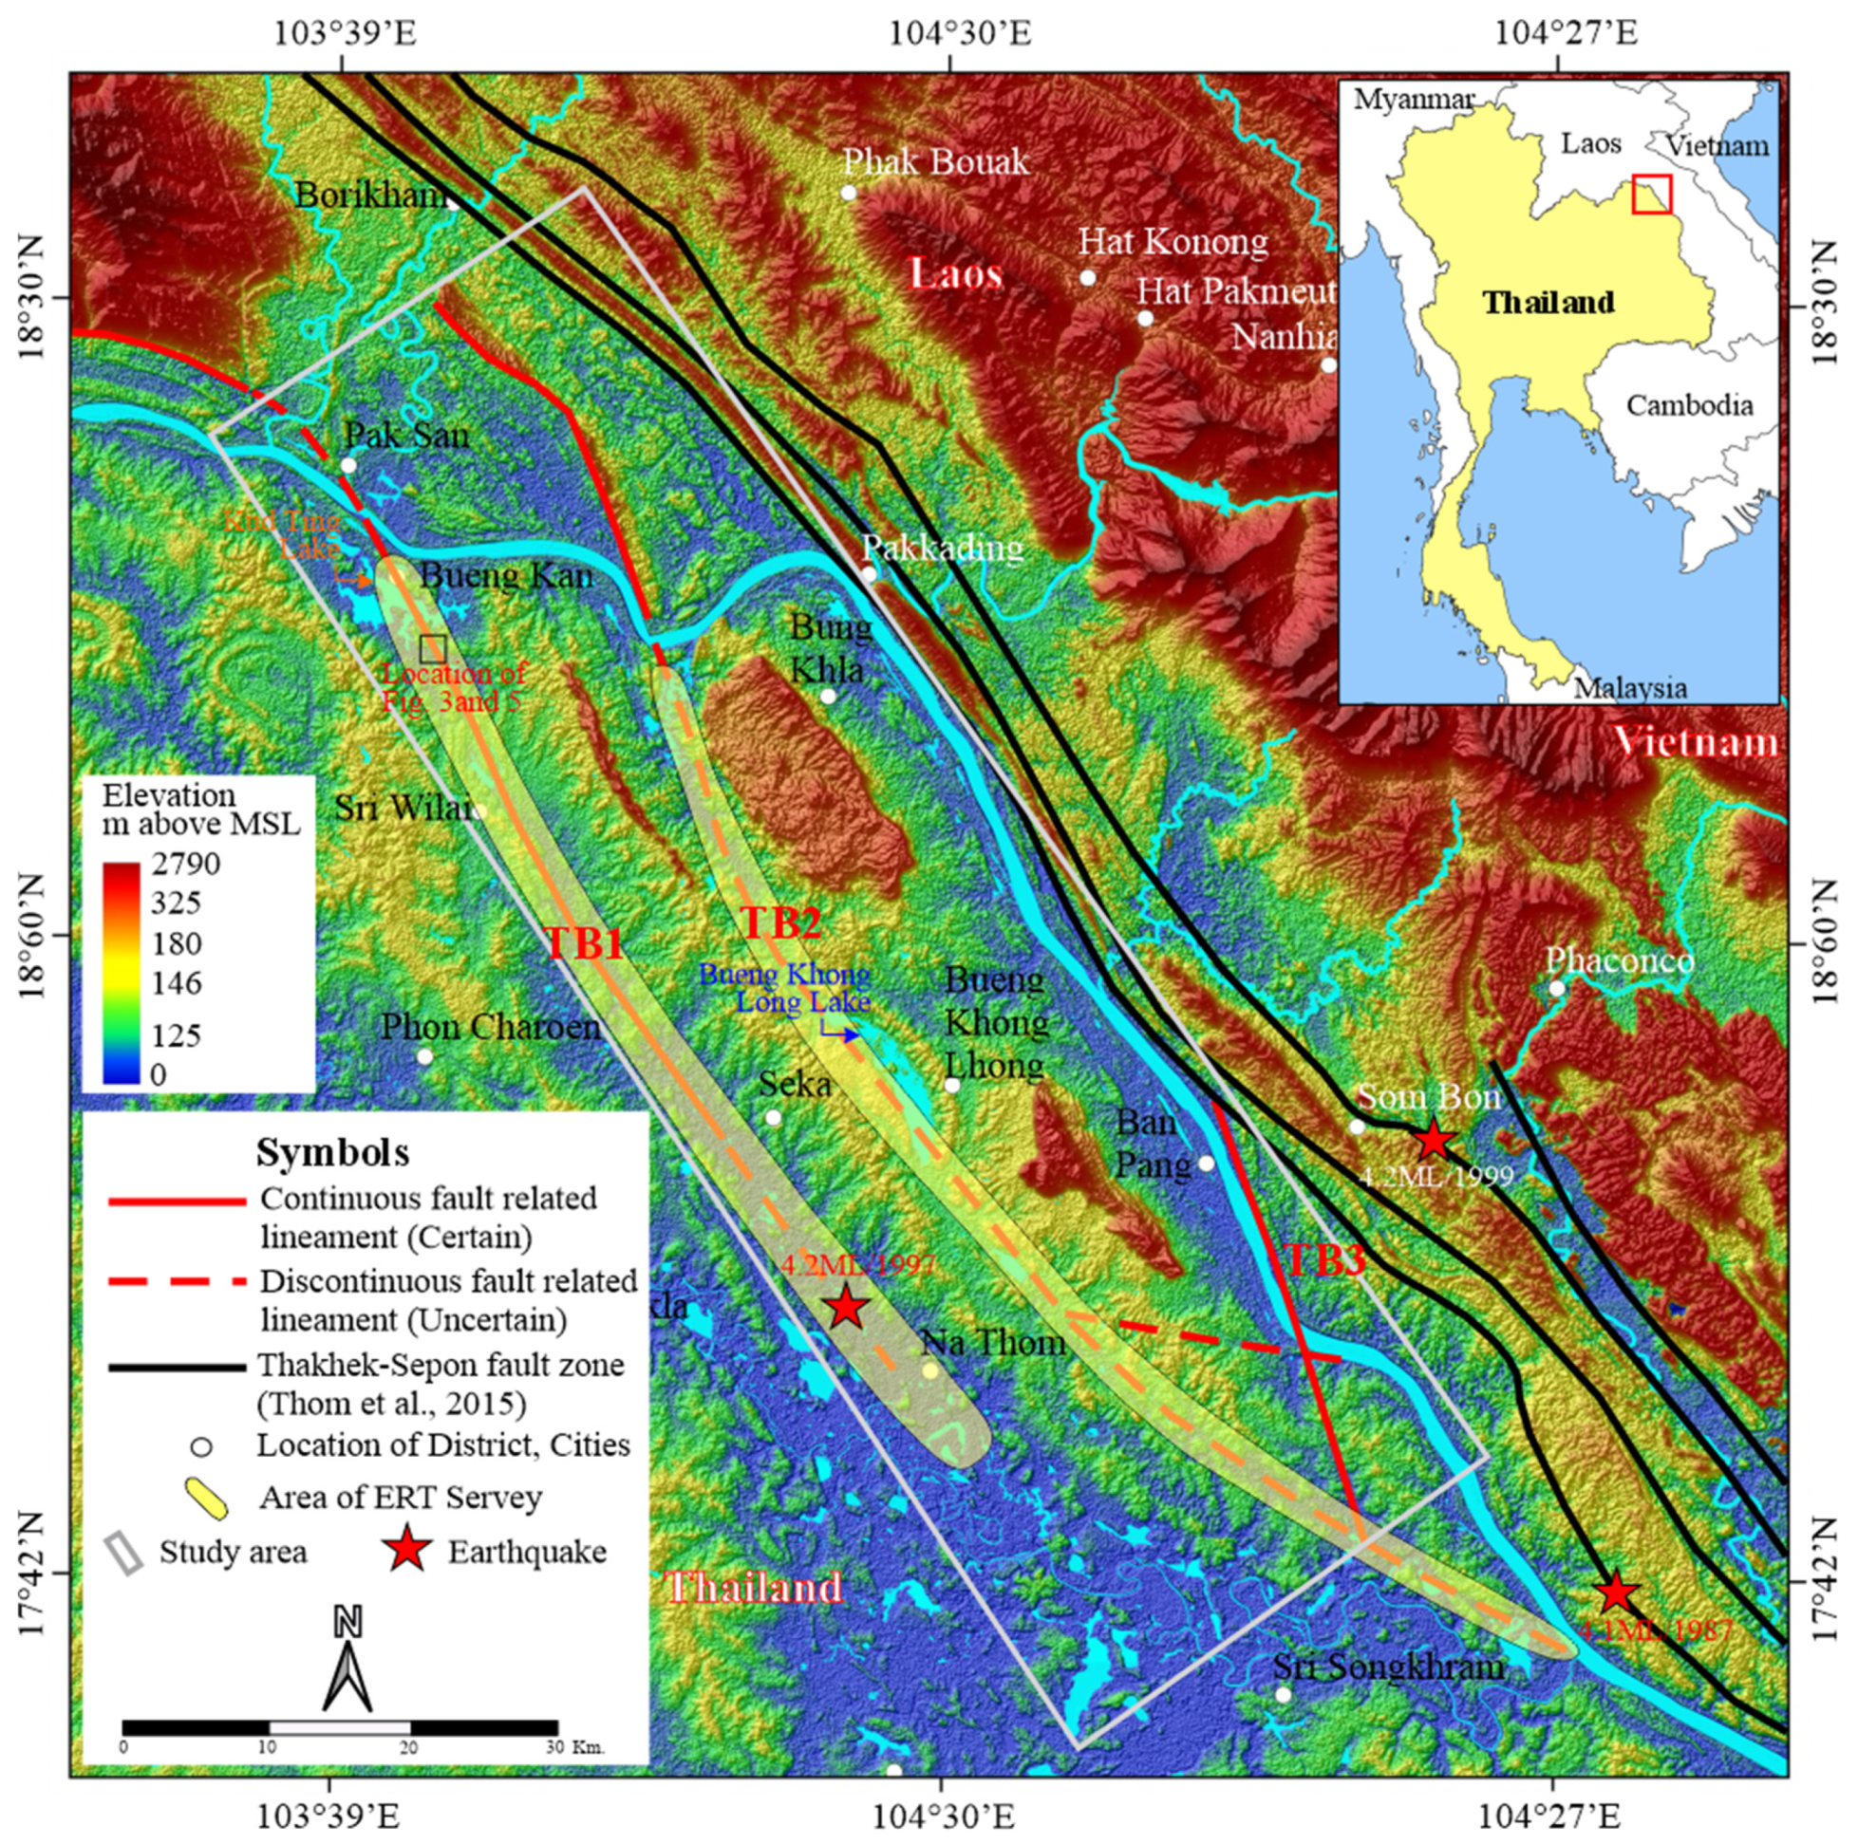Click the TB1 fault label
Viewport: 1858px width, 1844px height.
585,944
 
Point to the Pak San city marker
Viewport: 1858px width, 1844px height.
348,465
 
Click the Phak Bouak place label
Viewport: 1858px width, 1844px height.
936,161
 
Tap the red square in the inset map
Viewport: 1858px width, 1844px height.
1651,194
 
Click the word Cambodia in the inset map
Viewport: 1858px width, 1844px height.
1689,404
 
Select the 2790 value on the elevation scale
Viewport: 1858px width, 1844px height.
185,864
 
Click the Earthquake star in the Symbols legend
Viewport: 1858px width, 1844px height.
407,1552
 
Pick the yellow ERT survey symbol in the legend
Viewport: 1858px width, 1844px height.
204,1498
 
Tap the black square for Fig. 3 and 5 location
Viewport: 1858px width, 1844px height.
433,647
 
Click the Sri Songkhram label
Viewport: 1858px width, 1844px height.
1388,1667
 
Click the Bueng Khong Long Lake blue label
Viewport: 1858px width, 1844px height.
785,988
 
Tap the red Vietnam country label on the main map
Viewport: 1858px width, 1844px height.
1696,742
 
